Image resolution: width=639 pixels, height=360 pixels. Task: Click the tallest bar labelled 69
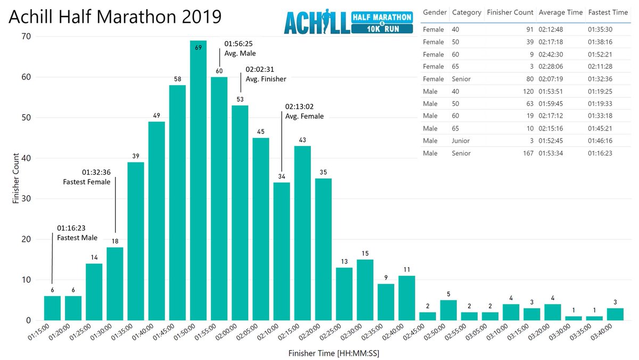pos(198,181)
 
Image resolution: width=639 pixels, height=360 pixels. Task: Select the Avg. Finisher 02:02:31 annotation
pos(266,74)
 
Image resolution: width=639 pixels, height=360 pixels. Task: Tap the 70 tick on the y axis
pos(26,36)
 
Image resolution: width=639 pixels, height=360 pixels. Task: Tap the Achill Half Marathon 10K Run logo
pos(348,23)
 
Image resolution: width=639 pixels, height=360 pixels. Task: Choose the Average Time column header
pos(560,12)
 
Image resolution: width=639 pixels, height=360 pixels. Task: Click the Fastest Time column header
pos(608,12)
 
